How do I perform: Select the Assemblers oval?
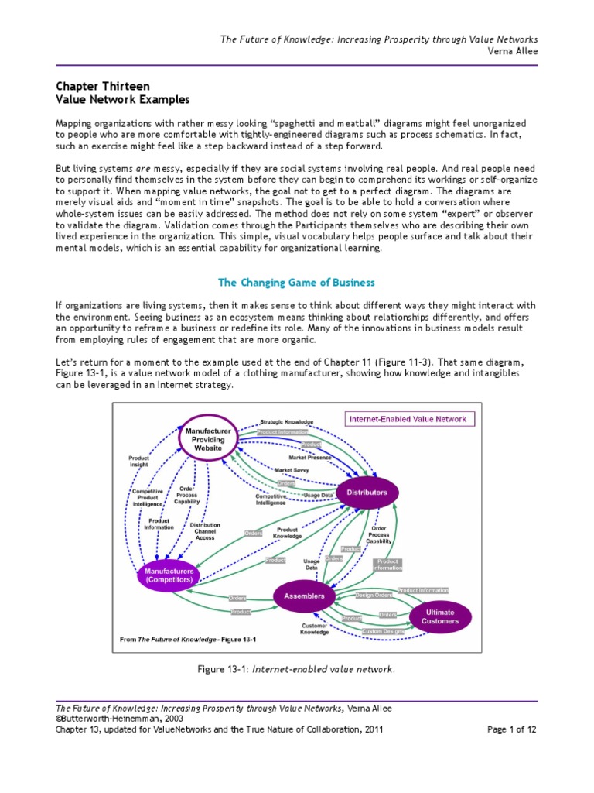pyautogui.click(x=304, y=597)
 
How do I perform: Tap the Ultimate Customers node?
pyautogui.click(x=439, y=616)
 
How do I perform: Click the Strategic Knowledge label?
pyautogui.click(x=287, y=422)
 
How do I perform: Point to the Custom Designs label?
pyautogui.click(x=383, y=631)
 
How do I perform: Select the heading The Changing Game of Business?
pyautogui.click(x=296, y=282)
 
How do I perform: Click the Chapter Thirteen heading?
pyautogui.click(x=103, y=86)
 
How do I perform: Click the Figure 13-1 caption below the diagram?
pyautogui.click(x=296, y=669)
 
